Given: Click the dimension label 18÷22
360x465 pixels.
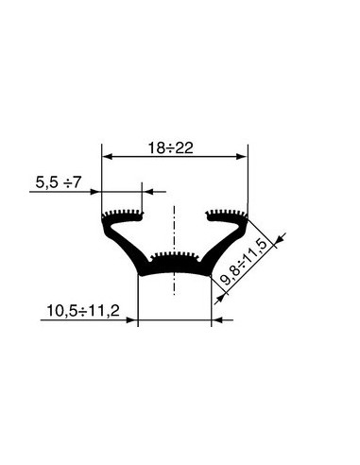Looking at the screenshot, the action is tap(170, 148).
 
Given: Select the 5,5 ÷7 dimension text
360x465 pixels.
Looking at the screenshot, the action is tap(59, 182).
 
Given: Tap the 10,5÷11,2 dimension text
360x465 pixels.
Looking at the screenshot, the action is tap(83, 311).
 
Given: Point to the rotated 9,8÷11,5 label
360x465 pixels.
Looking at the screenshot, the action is tap(248, 263).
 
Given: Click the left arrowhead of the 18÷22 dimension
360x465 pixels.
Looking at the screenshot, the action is tap(108, 156).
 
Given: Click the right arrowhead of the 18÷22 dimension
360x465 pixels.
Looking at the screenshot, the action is tap(242, 156).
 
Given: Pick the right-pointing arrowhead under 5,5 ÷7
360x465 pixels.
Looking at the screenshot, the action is tap(95, 192).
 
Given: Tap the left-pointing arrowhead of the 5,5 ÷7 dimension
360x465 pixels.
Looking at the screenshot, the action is tap(148, 192).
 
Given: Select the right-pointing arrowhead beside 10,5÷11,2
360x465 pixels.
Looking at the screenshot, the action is tap(131, 320).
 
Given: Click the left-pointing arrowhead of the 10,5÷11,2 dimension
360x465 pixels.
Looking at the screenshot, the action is tap(217, 320).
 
